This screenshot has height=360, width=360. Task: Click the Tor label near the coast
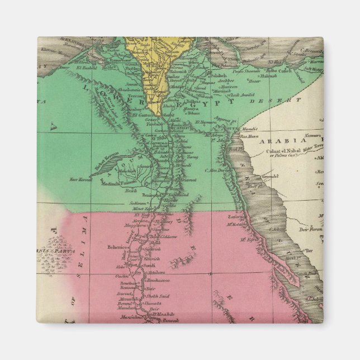click(x=306, y=251)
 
